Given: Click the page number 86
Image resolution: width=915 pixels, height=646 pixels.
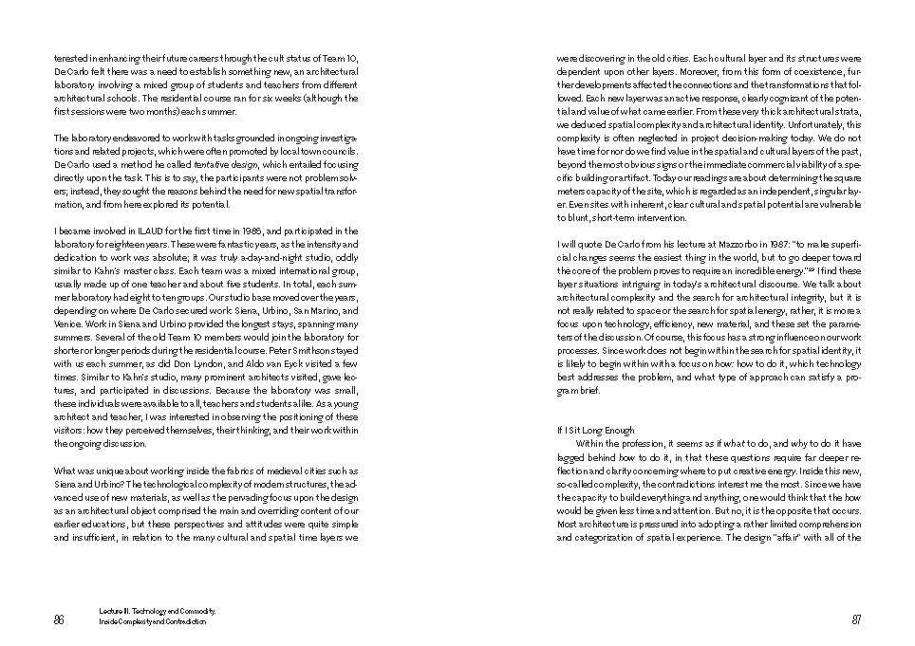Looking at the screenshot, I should point(59,620).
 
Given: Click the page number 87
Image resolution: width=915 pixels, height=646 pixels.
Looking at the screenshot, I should point(856,620).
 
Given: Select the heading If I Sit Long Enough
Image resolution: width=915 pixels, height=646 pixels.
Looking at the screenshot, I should point(595,431).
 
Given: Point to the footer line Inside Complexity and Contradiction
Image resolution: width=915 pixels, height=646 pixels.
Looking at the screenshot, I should point(152,622).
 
